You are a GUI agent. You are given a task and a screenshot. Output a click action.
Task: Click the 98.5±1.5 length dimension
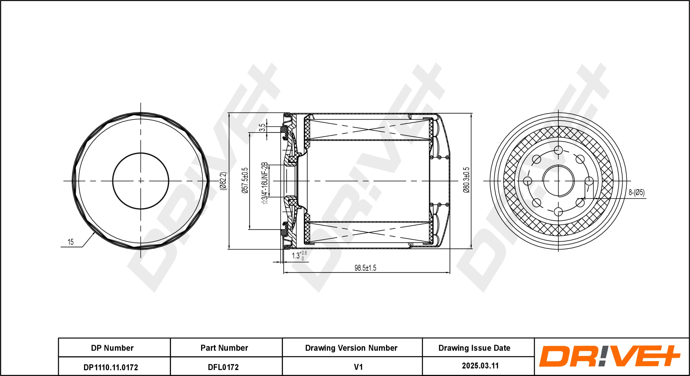pos(365,268)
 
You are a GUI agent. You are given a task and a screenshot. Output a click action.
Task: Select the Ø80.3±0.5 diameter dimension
pos(466,180)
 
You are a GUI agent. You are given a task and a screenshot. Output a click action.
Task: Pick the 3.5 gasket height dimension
pos(262,128)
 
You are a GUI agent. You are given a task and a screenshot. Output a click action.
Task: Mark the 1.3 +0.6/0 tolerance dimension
pos(299,255)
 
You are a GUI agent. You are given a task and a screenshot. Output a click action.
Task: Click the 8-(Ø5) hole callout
pos(636,192)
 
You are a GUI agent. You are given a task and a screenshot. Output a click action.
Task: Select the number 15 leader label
pos(71,242)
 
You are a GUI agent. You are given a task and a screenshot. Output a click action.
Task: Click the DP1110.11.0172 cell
pos(111,367)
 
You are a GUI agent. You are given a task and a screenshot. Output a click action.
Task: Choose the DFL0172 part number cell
pos(223,367)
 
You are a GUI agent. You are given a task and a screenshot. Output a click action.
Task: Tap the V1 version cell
pos(358,367)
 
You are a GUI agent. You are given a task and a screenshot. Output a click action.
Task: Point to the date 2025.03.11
pos(480,366)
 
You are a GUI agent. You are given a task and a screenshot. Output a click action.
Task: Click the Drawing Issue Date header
pos(474,348)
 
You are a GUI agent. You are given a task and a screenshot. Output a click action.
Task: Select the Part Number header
pos(224,348)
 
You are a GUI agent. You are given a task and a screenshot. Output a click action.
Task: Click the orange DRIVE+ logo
pos(610,356)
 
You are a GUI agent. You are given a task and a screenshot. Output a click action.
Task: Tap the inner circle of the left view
pos(140,153)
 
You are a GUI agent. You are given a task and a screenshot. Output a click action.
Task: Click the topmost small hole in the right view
pos(558,150)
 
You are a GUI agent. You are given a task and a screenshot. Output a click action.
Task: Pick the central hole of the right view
pos(558,181)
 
